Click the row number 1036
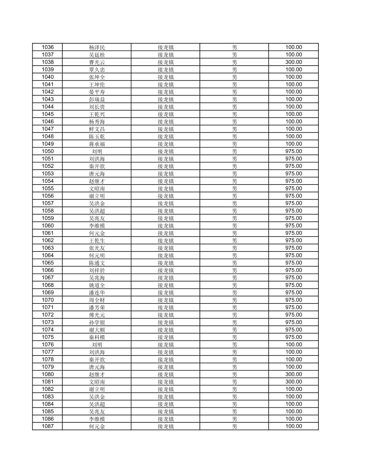pyautogui.click(x=47, y=47)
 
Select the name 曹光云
pyautogui.click(x=97, y=62)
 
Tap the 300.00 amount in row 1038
pyautogui.click(x=293, y=62)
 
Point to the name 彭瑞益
pyautogui.click(x=97, y=99)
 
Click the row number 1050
pyautogui.click(x=47, y=151)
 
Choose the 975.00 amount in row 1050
pyautogui.click(x=293, y=151)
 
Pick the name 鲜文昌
pyautogui.click(x=97, y=129)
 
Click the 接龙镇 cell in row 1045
pyautogui.click(x=166, y=114)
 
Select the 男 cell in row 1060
pyautogui.click(x=234, y=226)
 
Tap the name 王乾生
pyautogui.click(x=97, y=240)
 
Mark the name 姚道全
pyautogui.click(x=97, y=285)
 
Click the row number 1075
pyautogui.click(x=47, y=337)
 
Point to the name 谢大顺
pyautogui.click(x=97, y=330)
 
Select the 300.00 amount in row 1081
pyautogui.click(x=293, y=382)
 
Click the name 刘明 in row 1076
pyautogui.click(x=97, y=345)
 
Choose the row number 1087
pyautogui.click(x=47, y=426)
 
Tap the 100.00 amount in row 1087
pyautogui.click(x=293, y=426)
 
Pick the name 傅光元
pyautogui.click(x=97, y=315)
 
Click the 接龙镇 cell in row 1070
pyautogui.click(x=166, y=300)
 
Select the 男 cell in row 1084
pyautogui.click(x=234, y=404)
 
